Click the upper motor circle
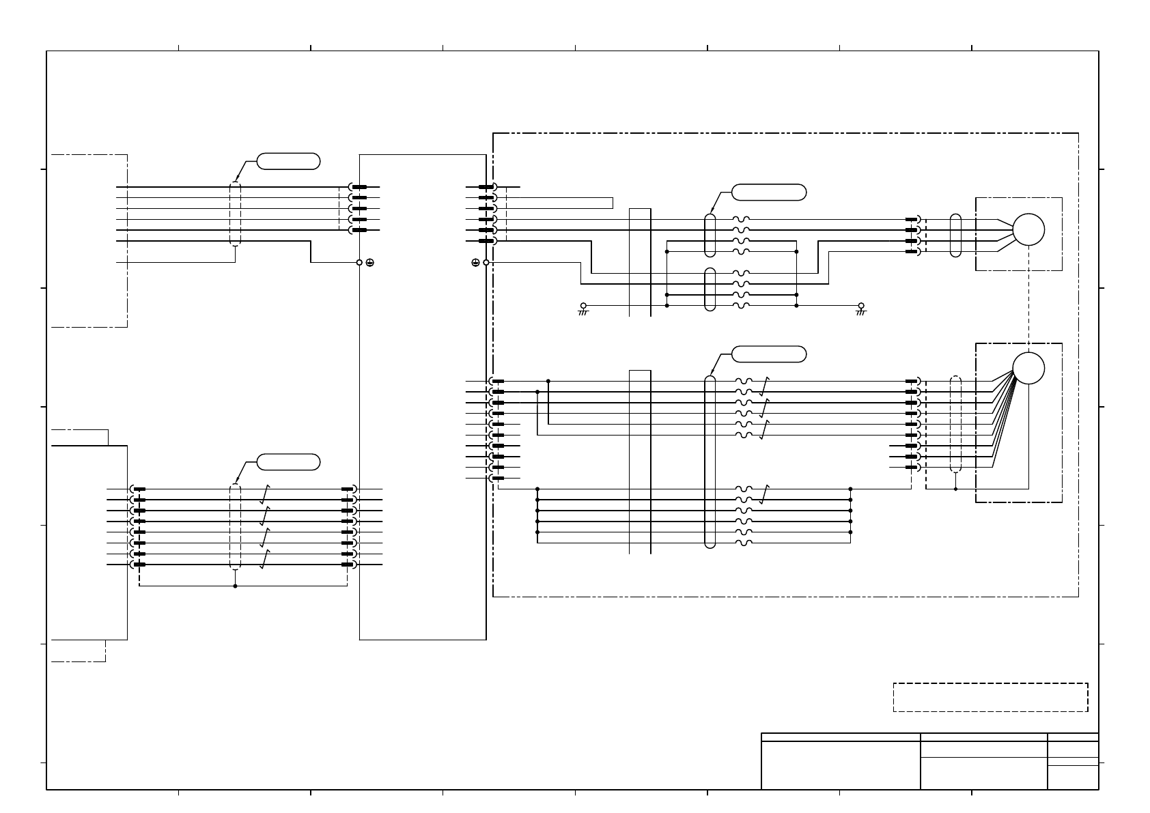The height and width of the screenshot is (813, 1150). tap(1028, 230)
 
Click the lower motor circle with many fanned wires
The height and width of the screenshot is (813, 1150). tap(1028, 369)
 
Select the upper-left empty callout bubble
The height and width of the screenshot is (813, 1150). tap(287, 161)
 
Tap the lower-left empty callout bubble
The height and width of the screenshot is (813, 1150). tap(287, 461)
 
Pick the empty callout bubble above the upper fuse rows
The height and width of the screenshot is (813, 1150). tap(768, 192)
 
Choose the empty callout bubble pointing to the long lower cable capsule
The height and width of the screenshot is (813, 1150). tap(768, 354)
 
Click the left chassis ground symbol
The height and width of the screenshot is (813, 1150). tap(583, 309)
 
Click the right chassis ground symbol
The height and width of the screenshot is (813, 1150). tap(861, 309)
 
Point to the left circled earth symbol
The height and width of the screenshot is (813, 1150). tap(369, 262)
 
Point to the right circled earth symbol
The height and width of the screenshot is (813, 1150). tap(475, 262)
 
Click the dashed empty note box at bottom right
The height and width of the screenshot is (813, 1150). tap(990, 697)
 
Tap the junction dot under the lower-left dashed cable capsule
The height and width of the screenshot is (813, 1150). tap(235, 586)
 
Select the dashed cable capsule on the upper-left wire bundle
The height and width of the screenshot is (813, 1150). tap(235, 214)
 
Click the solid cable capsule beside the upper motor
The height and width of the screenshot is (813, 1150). tap(955, 236)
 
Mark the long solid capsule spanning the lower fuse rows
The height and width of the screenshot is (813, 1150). tap(710, 461)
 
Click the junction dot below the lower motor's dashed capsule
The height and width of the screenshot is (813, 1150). tap(955, 489)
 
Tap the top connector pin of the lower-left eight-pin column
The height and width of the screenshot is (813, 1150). tap(139, 489)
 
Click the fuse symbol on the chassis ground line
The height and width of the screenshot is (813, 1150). tap(742, 306)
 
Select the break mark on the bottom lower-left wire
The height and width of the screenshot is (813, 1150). tap(264, 559)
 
